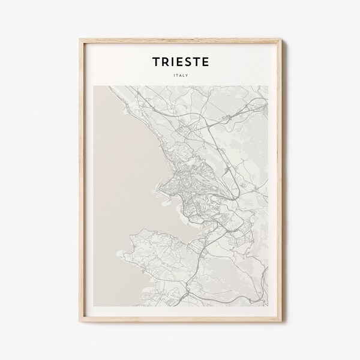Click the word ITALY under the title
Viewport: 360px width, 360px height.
[179, 75]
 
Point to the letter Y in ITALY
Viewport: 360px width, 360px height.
[187, 75]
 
